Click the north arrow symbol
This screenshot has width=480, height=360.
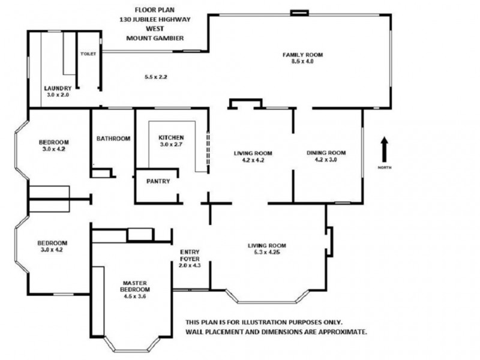click(385, 148)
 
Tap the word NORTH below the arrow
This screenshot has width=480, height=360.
click(385, 167)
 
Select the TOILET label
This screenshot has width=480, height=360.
click(88, 53)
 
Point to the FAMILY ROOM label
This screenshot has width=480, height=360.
click(303, 55)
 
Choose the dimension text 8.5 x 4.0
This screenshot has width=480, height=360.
click(303, 61)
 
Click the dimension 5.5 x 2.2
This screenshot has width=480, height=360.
click(155, 77)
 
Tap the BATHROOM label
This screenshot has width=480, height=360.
click(113, 139)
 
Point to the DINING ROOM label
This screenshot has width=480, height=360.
click(326, 152)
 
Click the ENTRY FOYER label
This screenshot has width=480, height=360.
click(190, 255)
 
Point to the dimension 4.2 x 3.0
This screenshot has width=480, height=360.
click(326, 160)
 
